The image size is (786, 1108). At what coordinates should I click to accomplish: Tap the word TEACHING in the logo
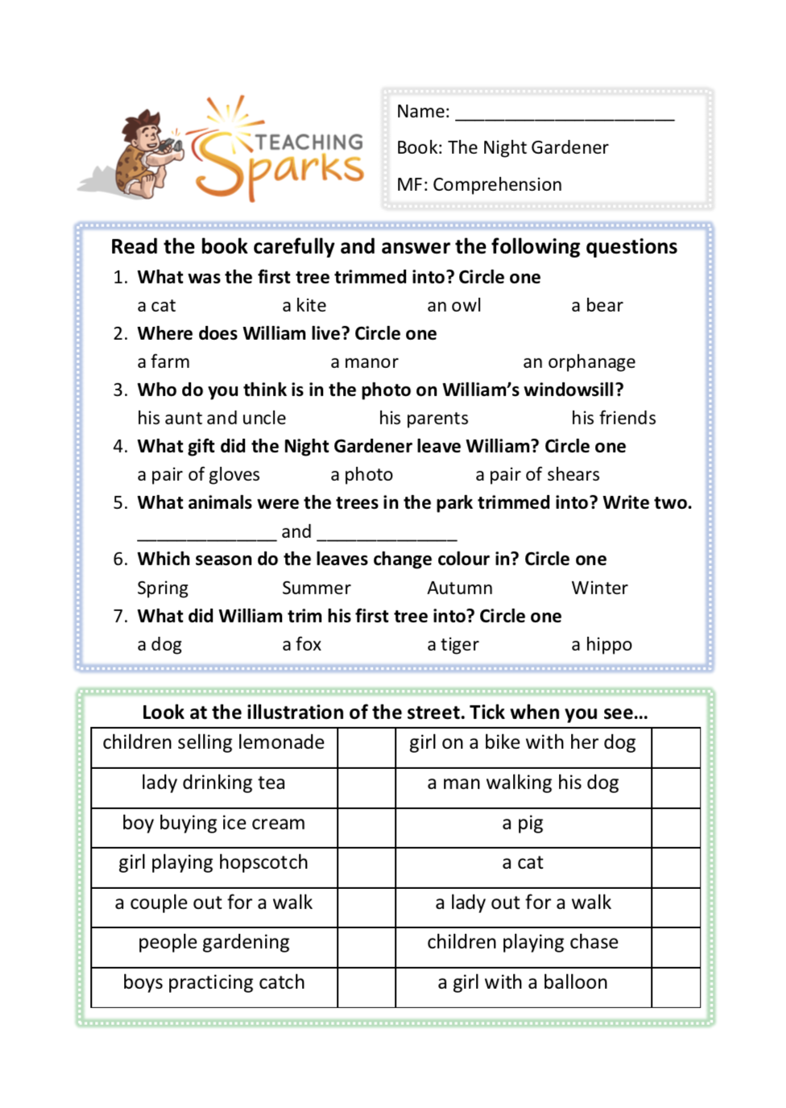[309, 143]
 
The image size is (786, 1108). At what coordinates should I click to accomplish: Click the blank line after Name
[565, 113]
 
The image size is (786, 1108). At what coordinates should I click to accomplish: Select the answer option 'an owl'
[454, 306]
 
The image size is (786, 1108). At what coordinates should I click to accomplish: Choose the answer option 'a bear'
[597, 306]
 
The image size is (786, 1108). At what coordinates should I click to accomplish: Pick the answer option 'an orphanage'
[579, 362]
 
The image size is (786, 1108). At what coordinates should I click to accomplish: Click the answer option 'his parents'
[424, 419]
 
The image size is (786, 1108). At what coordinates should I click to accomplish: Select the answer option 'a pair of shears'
[537, 475]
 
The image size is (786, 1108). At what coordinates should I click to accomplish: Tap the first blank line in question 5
[206, 533]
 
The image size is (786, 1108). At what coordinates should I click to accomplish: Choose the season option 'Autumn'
[460, 589]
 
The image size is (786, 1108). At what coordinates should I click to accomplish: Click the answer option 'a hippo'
[602, 645]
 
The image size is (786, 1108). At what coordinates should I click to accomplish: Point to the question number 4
[120, 447]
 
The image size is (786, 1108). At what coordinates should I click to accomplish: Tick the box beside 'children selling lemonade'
[366, 748]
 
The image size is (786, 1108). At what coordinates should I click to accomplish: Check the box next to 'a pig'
[676, 828]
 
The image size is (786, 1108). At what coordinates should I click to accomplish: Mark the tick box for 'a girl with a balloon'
[676, 987]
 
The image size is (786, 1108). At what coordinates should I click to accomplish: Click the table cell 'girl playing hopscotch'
[213, 863]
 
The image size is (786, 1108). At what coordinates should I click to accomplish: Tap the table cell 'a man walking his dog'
[523, 783]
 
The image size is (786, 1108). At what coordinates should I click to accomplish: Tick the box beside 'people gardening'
[366, 947]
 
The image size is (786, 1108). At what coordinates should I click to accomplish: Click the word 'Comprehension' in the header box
[498, 185]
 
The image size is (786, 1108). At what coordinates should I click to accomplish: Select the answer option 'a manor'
[364, 362]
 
